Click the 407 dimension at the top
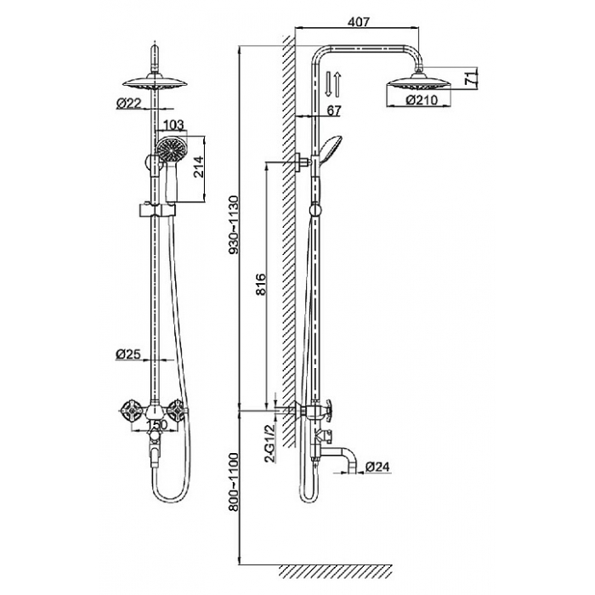coord(358,21)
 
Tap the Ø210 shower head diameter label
coord(422,100)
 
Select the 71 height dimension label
coord(470,78)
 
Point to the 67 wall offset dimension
coord(333,110)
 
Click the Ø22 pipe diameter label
coord(128,103)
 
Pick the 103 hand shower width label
coord(173,124)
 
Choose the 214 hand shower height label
coord(198,167)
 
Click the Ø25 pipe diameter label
coord(127,354)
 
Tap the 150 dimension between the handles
coord(156,425)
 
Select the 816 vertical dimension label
coord(261,284)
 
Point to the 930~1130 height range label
coord(234,224)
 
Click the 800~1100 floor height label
coord(234,482)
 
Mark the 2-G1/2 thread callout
coord(269,443)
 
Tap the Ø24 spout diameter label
coord(377,467)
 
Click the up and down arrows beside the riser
coord(333,84)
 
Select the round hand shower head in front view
coord(173,150)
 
